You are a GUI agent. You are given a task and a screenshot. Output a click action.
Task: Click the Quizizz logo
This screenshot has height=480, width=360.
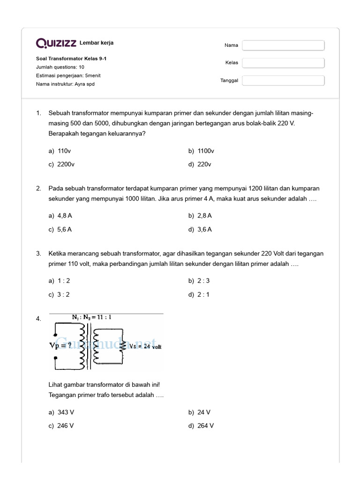point(56,43)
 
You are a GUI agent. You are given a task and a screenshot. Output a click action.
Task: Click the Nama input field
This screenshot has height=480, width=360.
point(283,45)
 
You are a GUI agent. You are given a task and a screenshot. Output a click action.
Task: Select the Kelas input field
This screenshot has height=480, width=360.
point(283,63)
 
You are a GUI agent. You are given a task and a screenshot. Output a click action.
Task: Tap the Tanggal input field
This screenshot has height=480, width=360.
point(283,81)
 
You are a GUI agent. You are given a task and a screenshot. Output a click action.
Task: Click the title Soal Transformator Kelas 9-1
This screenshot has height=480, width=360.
point(68,59)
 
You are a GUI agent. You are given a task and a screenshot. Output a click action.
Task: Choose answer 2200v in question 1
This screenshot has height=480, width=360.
point(66,165)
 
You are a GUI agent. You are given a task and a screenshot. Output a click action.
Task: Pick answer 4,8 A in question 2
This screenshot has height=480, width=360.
point(64,216)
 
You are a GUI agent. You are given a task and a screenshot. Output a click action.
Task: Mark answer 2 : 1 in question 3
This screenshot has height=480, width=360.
point(203,295)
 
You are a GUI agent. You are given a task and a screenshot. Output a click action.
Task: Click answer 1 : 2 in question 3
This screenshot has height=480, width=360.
point(63,281)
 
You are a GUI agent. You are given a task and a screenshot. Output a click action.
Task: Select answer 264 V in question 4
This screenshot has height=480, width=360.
point(205,426)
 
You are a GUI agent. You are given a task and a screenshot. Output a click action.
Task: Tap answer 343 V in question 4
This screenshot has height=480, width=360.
point(66,412)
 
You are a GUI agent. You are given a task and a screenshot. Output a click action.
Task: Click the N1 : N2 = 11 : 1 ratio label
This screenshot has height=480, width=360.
point(91,317)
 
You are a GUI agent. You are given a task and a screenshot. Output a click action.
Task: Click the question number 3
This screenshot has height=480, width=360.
point(38,254)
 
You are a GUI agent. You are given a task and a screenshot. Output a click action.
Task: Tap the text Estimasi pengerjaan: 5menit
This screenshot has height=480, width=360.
point(68,75)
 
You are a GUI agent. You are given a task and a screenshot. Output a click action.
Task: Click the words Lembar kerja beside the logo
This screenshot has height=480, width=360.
point(97,43)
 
